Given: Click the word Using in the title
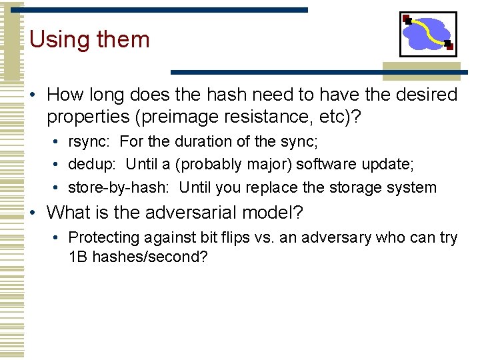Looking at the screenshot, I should click(x=60, y=40).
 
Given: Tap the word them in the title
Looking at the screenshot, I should click(x=123, y=40).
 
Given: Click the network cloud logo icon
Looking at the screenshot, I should click(x=428, y=34).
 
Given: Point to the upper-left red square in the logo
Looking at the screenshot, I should click(x=405, y=19).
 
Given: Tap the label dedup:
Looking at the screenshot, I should click(x=93, y=165).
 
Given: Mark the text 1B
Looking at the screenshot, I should click(x=78, y=257).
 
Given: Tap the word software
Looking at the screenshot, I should click(x=327, y=165).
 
